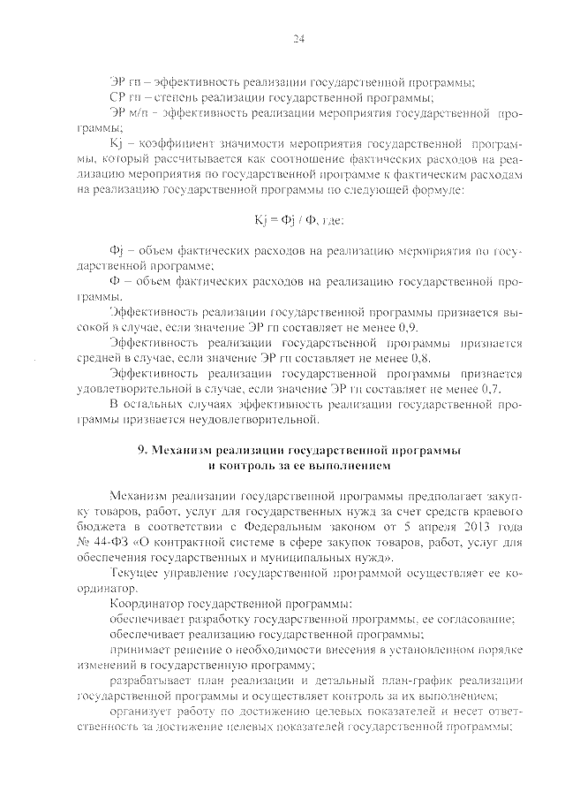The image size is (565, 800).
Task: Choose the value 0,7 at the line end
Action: (493, 388)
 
